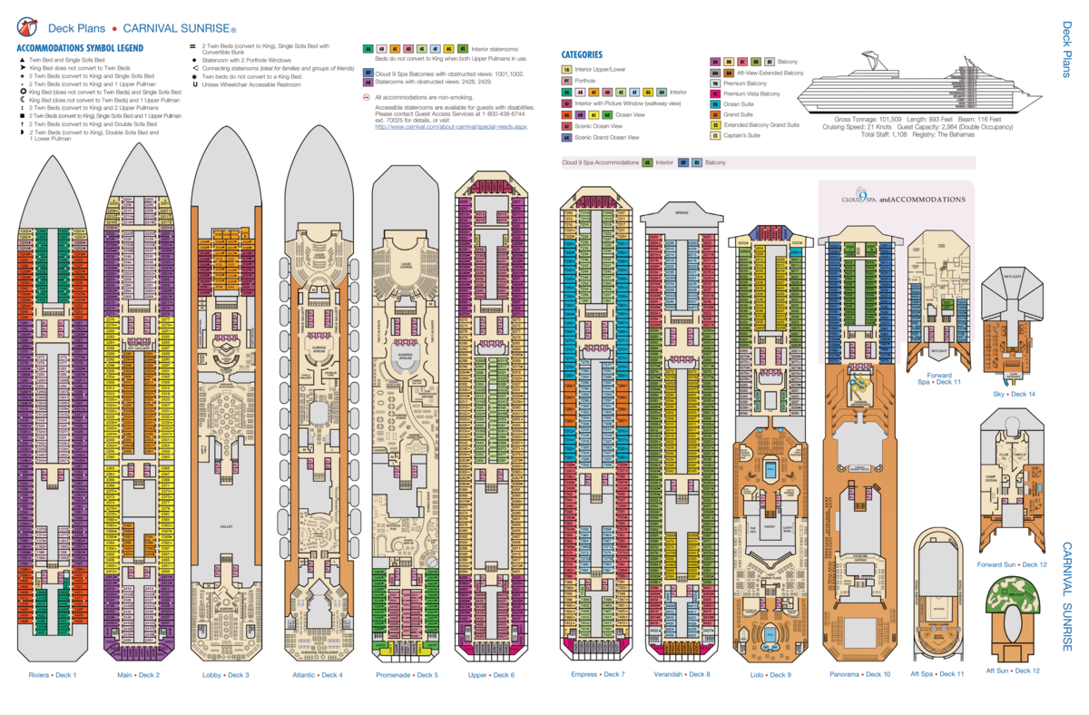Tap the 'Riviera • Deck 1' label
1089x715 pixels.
pos(52,675)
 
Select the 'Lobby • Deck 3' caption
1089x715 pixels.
pos(225,675)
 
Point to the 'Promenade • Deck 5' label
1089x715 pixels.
pos(407,675)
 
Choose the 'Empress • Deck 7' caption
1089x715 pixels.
pos(598,674)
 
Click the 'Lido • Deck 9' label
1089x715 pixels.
pos(771,674)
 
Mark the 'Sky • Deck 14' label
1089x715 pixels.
pos(1014,394)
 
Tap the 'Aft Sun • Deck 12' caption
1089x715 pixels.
pos(1013,671)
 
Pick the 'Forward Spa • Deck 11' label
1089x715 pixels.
pos(939,378)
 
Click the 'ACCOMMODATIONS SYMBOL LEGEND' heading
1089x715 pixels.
pos(80,47)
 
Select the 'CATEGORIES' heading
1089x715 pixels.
pos(582,54)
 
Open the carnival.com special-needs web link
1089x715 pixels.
pos(451,127)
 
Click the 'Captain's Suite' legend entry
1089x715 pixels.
pos(741,136)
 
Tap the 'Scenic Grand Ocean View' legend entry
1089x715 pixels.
pos(606,137)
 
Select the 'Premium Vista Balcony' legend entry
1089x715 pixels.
pos(751,93)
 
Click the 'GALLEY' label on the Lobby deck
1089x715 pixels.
pos(227,527)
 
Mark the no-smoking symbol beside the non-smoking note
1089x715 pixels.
pos(366,96)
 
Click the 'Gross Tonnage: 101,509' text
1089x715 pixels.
pos(867,120)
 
